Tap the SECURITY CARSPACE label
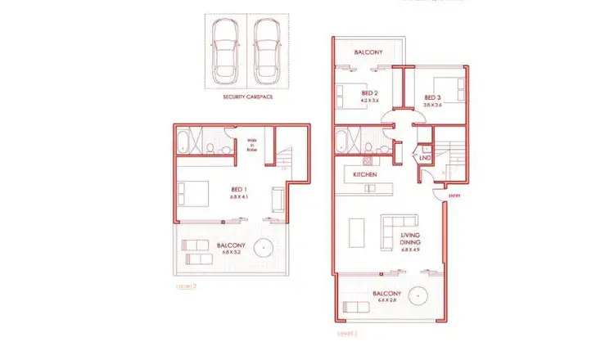coord(248,97)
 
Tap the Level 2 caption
coord(187,287)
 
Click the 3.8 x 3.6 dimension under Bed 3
coord(432,105)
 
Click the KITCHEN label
coord(364,175)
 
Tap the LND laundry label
coord(426,157)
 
